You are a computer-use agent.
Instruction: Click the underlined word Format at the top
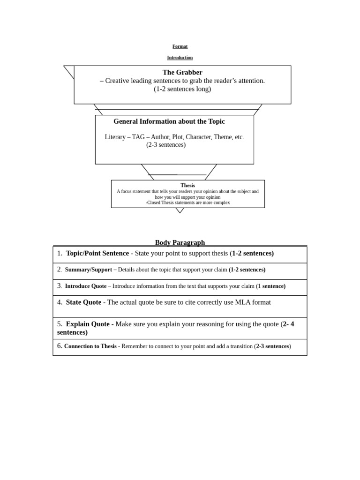coord(180,46)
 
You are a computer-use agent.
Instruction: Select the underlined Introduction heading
coord(180,58)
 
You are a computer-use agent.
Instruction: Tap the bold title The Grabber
coord(182,72)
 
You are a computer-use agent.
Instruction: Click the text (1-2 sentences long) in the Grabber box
coord(182,89)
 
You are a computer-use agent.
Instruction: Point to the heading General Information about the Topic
coord(169,121)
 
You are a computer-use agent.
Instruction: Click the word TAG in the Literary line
coord(138,137)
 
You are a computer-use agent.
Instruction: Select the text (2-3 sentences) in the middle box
coord(166,145)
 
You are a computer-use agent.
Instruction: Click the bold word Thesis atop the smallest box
coord(187,186)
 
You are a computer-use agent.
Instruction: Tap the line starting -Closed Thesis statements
coord(187,202)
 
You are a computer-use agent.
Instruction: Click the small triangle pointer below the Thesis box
coord(180,210)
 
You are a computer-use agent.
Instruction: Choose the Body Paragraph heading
coord(180,242)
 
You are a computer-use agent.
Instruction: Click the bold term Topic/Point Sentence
coord(97,254)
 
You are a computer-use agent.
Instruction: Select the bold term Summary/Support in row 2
coord(89,270)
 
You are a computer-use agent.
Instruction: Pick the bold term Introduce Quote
coord(86,286)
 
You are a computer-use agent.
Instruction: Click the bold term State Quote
coord(83,302)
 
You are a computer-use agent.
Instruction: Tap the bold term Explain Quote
coord(88,324)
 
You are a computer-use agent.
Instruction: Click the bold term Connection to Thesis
coord(90,346)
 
